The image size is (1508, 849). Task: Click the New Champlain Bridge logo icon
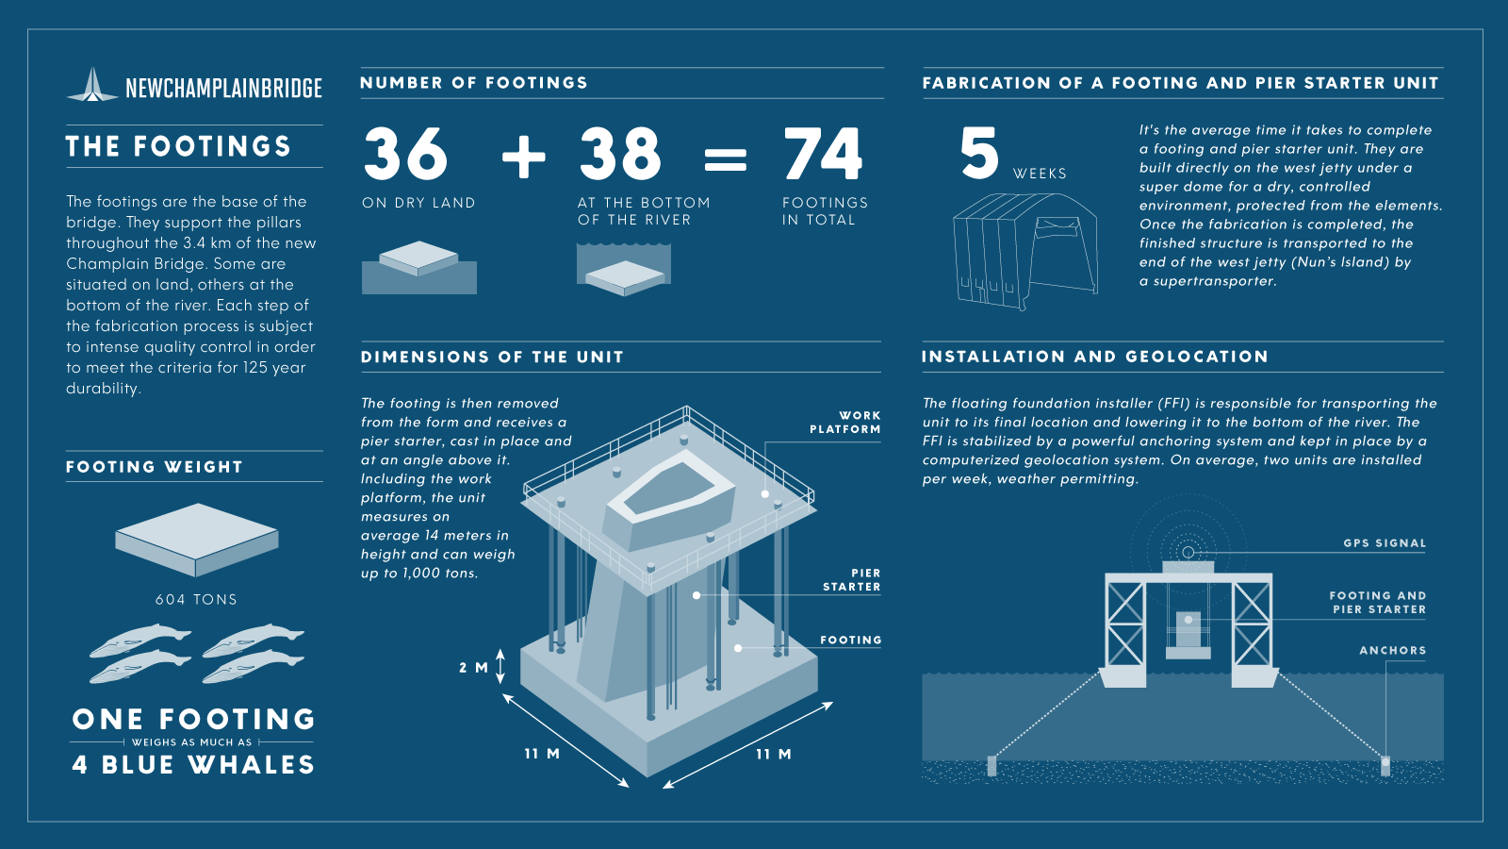pos(93,85)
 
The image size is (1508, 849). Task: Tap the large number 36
pos(405,154)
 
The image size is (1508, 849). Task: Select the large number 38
pos(620,154)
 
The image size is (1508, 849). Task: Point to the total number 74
pos(823,154)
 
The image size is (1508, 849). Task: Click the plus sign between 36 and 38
pos(524,157)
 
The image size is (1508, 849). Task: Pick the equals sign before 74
pos(725,159)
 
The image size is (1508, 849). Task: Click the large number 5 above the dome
pos(979,154)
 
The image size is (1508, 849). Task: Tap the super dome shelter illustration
pos(1025,251)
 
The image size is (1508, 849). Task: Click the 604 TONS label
pos(197,600)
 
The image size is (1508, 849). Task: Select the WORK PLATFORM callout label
pos(844,423)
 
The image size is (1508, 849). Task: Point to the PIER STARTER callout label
pos(852,580)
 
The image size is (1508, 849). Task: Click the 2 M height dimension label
pos(473,668)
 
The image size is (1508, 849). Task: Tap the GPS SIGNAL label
pos(1385,543)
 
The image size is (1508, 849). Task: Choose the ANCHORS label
pos(1393,650)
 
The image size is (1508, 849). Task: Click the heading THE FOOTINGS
pos(178,146)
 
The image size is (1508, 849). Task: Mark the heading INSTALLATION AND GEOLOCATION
pos(1095,357)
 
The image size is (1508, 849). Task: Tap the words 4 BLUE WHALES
pos(194,765)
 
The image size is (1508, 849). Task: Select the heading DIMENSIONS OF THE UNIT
pos(492,358)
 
